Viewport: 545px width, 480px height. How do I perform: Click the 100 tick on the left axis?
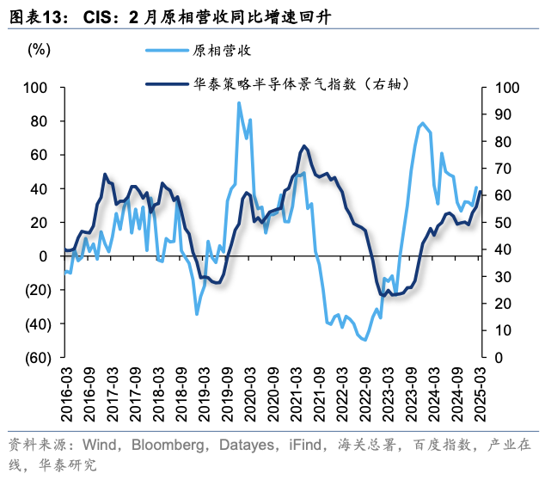37,88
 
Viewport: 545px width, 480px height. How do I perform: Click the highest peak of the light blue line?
239,103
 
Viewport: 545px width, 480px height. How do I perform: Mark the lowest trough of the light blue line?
364,340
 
